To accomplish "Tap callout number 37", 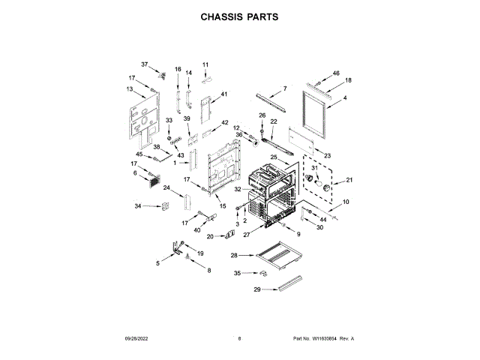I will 145,65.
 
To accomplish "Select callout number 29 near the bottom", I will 256,289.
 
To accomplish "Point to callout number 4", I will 344,98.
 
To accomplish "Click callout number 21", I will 348,180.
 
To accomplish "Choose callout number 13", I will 130,89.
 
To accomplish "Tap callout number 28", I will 234,255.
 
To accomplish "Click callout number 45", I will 139,154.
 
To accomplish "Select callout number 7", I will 284,89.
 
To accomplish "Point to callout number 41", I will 223,94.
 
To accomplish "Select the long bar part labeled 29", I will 288,283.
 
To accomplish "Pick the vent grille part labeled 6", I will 154,181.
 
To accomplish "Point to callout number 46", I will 336,73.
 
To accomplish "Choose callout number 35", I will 238,273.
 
